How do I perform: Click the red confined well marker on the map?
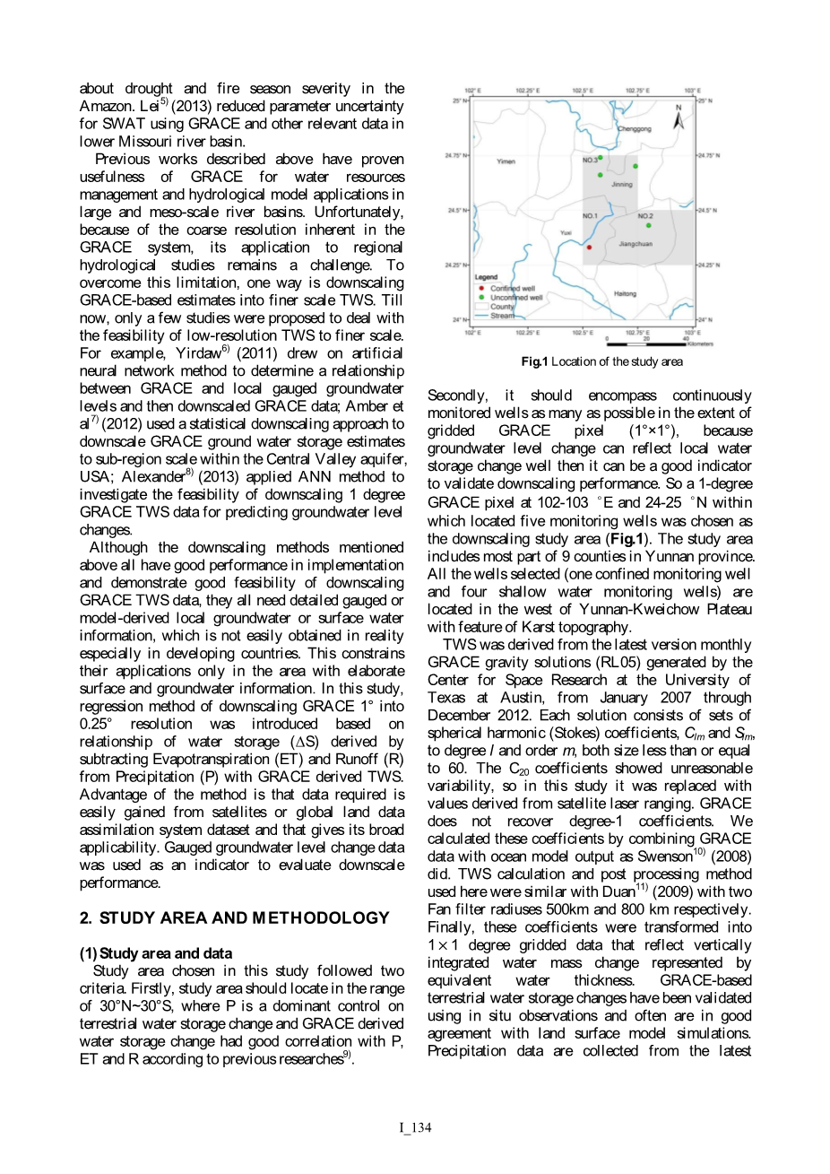pyautogui.click(x=589, y=247)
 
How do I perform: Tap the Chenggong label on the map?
pyautogui.click(x=635, y=128)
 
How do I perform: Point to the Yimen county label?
pyautogui.click(x=506, y=161)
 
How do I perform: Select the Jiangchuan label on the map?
pyautogui.click(x=635, y=244)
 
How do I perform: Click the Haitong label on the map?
pyautogui.click(x=625, y=293)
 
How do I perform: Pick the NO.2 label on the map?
pyautogui.click(x=645, y=216)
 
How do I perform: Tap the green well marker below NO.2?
pyautogui.click(x=648, y=225)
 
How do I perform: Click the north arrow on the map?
pyautogui.click(x=679, y=117)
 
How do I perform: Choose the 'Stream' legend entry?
pyautogui.click(x=502, y=316)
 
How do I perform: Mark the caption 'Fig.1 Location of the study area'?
pyautogui.click(x=601, y=361)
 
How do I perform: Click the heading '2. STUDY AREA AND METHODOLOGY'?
pyautogui.click(x=235, y=918)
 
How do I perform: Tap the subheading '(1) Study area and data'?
pyautogui.click(x=156, y=953)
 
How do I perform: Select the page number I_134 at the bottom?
pyautogui.click(x=415, y=1127)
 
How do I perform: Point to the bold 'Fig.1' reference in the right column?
pyautogui.click(x=627, y=539)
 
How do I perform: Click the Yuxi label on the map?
pyautogui.click(x=566, y=232)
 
